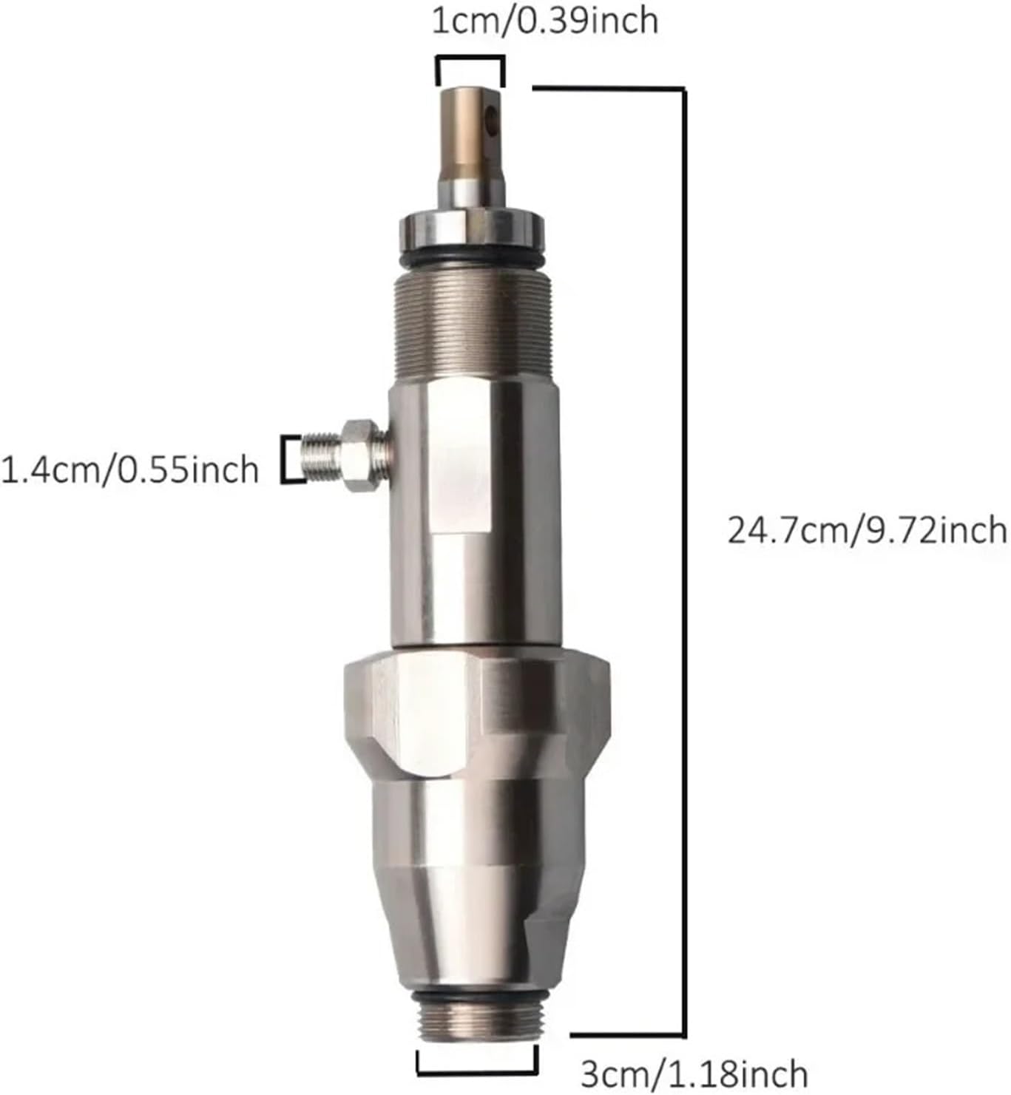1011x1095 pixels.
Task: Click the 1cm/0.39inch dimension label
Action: [544, 20]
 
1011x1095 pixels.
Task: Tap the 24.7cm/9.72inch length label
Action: [867, 530]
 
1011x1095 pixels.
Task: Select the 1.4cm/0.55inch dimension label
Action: [130, 470]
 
